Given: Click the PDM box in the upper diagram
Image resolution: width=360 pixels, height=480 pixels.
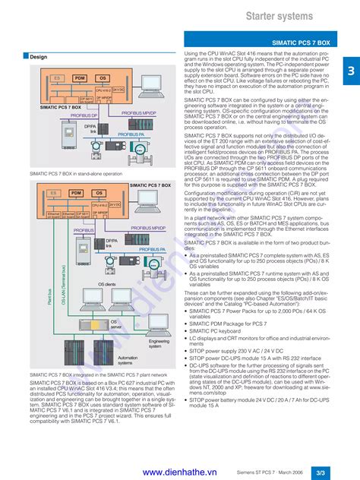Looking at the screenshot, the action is pyautogui.click(x=79, y=78).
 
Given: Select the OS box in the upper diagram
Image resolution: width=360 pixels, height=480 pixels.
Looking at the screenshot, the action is pyautogui.click(x=103, y=78).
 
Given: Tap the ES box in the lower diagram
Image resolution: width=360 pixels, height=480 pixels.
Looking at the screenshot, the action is pyautogui.click(x=54, y=194).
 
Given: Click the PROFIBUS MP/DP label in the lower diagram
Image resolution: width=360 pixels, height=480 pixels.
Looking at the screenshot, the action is pyautogui.click(x=147, y=227).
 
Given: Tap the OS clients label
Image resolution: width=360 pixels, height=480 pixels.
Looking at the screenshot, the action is pyautogui.click(x=108, y=283).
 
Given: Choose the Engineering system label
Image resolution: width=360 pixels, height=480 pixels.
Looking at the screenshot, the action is pyautogui.click(x=159, y=344).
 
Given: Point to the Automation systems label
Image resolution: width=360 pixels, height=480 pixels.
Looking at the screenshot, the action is pyautogui.click(x=128, y=360).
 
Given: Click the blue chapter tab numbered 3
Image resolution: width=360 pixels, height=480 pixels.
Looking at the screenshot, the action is pyautogui.click(x=352, y=71).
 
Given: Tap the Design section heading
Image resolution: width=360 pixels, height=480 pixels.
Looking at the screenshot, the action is pyautogui.click(x=38, y=57).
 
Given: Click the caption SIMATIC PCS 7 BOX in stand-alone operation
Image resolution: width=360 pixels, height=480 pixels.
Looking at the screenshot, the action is pyautogui.click(x=76, y=174).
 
